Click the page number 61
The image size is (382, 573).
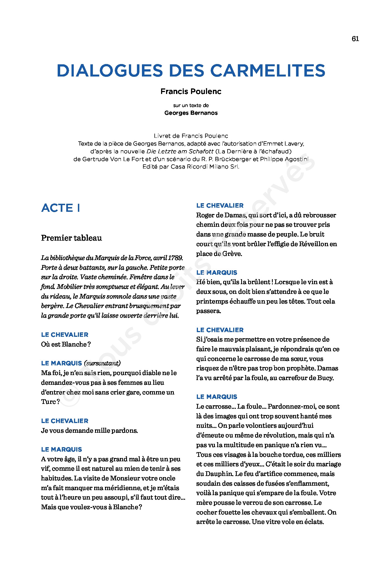[355, 39]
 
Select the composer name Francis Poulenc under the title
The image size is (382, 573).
[191, 91]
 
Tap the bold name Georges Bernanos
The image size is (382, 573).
[191, 113]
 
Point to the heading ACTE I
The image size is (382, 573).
[61, 208]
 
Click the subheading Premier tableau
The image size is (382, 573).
[72, 238]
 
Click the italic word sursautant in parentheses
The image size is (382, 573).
[103, 363]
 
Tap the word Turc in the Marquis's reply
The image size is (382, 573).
[49, 402]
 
